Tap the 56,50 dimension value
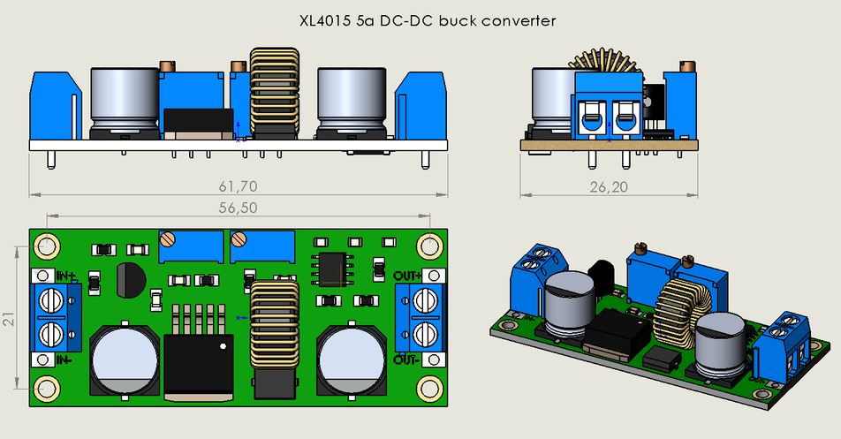coord(237,208)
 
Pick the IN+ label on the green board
coord(66,276)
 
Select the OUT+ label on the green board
coord(407,276)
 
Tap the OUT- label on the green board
coord(407,360)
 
